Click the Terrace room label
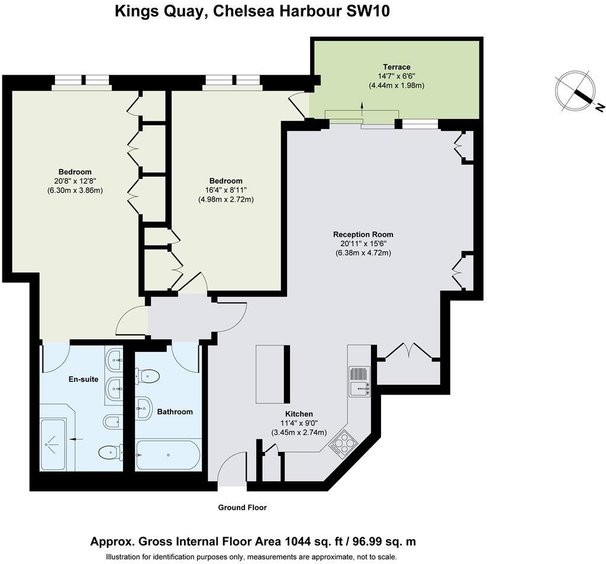397,67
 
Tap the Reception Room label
363,235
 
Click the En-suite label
83,379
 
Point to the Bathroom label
175,412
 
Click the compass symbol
576,91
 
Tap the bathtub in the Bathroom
168,456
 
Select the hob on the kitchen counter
343,443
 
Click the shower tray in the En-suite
53,444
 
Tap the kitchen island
273,374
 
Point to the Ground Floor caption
242,508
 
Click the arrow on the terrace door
362,109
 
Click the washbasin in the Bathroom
144,408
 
